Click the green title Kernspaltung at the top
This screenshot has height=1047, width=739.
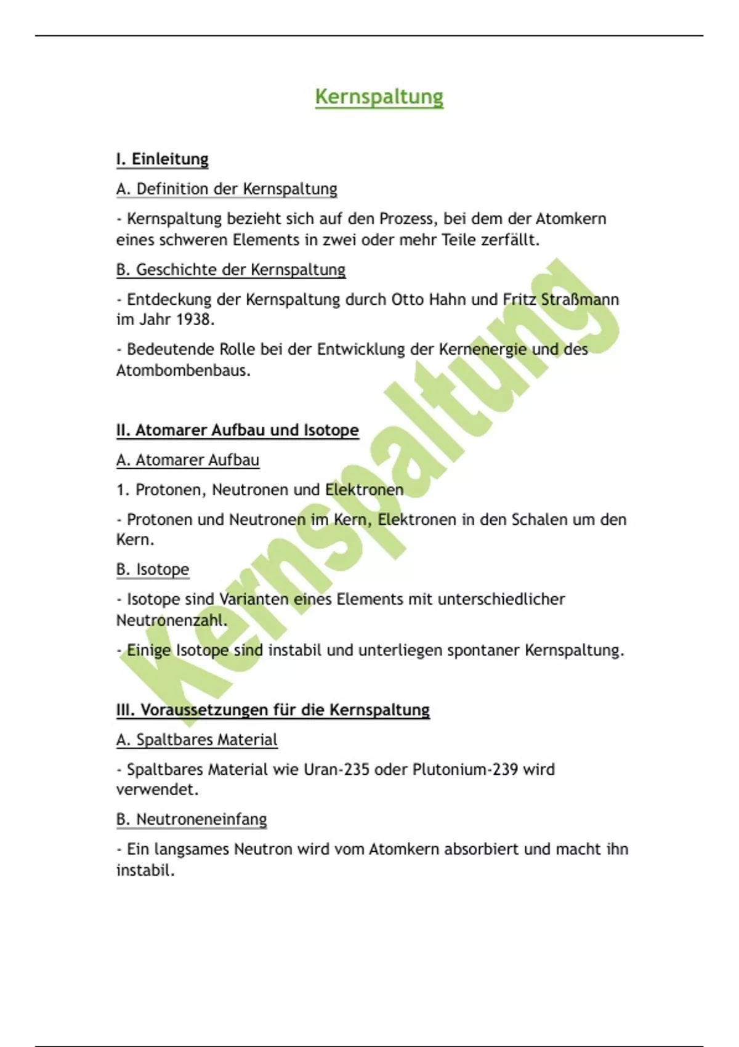coord(379,97)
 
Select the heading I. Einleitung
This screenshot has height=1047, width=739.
coord(162,159)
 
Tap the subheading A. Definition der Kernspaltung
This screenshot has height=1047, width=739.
coord(227,189)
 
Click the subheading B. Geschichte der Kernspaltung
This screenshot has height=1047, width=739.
coord(230,270)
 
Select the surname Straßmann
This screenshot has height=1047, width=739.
coord(579,300)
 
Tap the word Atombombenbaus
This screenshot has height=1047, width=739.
coord(182,371)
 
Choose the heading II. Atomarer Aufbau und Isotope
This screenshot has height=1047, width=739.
coord(237,430)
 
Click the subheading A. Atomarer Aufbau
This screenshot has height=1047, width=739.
coord(187,460)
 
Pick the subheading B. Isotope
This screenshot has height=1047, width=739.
coord(152,569)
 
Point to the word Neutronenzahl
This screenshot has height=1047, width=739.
coord(171,620)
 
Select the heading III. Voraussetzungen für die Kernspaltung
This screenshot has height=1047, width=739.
coord(273,709)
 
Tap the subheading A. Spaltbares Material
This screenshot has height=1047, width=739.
coord(196,740)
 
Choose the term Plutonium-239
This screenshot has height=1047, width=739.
coord(465,770)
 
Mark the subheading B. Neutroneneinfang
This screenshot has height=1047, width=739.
coord(191,820)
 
